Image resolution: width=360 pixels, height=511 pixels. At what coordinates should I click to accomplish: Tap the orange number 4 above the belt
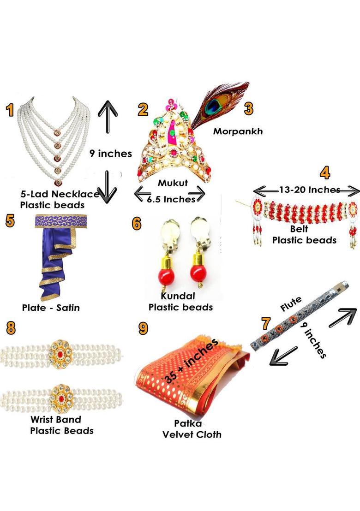325,172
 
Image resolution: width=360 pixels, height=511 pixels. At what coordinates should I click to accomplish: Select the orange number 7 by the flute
266,323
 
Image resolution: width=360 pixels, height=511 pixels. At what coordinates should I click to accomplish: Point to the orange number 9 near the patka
143,328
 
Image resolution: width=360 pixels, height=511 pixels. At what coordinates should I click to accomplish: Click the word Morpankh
238,131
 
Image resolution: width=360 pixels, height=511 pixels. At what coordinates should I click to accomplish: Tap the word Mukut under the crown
173,183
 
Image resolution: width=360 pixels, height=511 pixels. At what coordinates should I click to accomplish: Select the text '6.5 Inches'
171,199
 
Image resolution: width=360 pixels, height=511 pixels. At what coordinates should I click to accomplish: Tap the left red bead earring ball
167,274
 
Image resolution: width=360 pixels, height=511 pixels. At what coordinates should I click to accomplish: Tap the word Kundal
178,296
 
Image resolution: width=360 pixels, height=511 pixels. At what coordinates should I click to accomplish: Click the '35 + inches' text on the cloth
191,361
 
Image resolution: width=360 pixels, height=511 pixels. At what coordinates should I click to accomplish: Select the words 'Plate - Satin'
51,308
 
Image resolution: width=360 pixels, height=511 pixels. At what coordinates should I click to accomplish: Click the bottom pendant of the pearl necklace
57,182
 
